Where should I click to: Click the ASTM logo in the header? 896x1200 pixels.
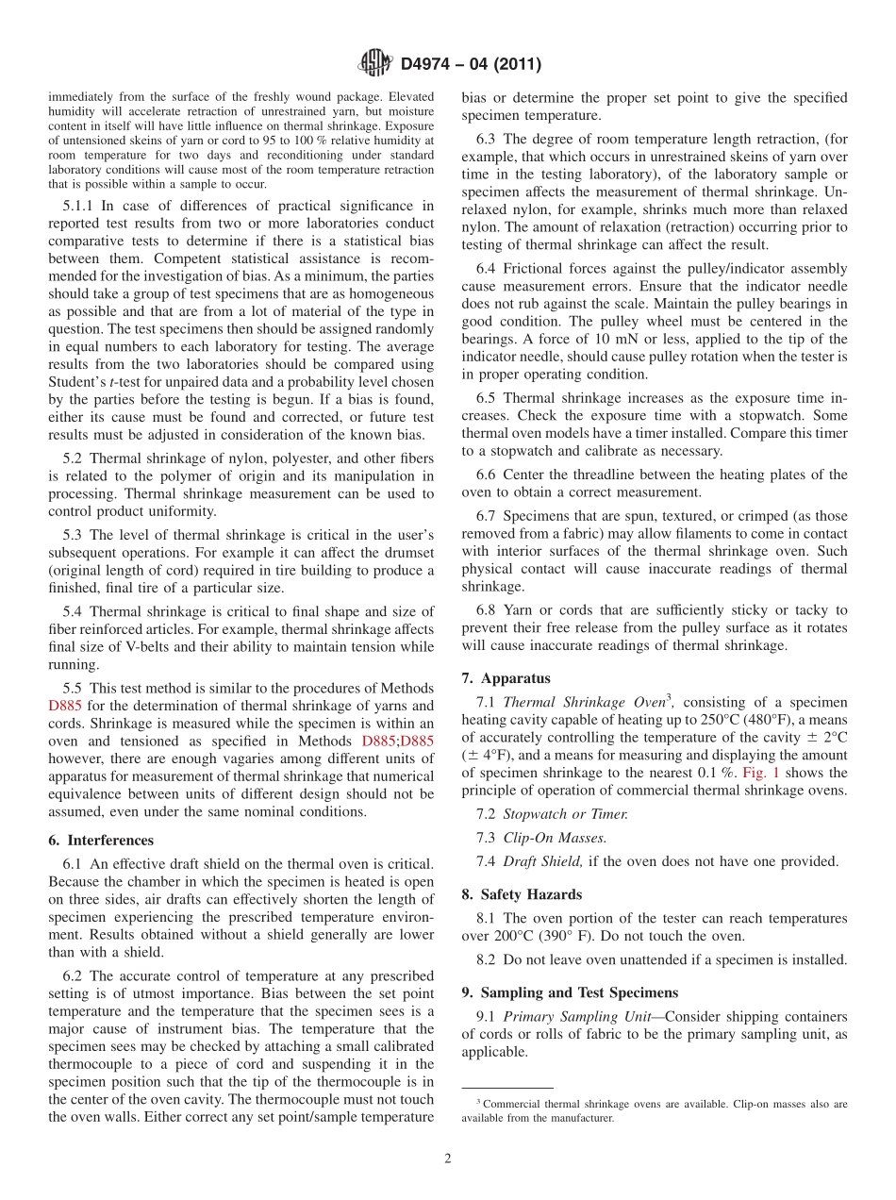(375, 64)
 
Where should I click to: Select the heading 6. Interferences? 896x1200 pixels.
(100, 841)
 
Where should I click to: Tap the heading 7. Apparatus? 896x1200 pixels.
(506, 678)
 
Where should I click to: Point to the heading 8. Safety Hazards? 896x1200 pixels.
(522, 894)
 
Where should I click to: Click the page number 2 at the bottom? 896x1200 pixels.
(448, 1158)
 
